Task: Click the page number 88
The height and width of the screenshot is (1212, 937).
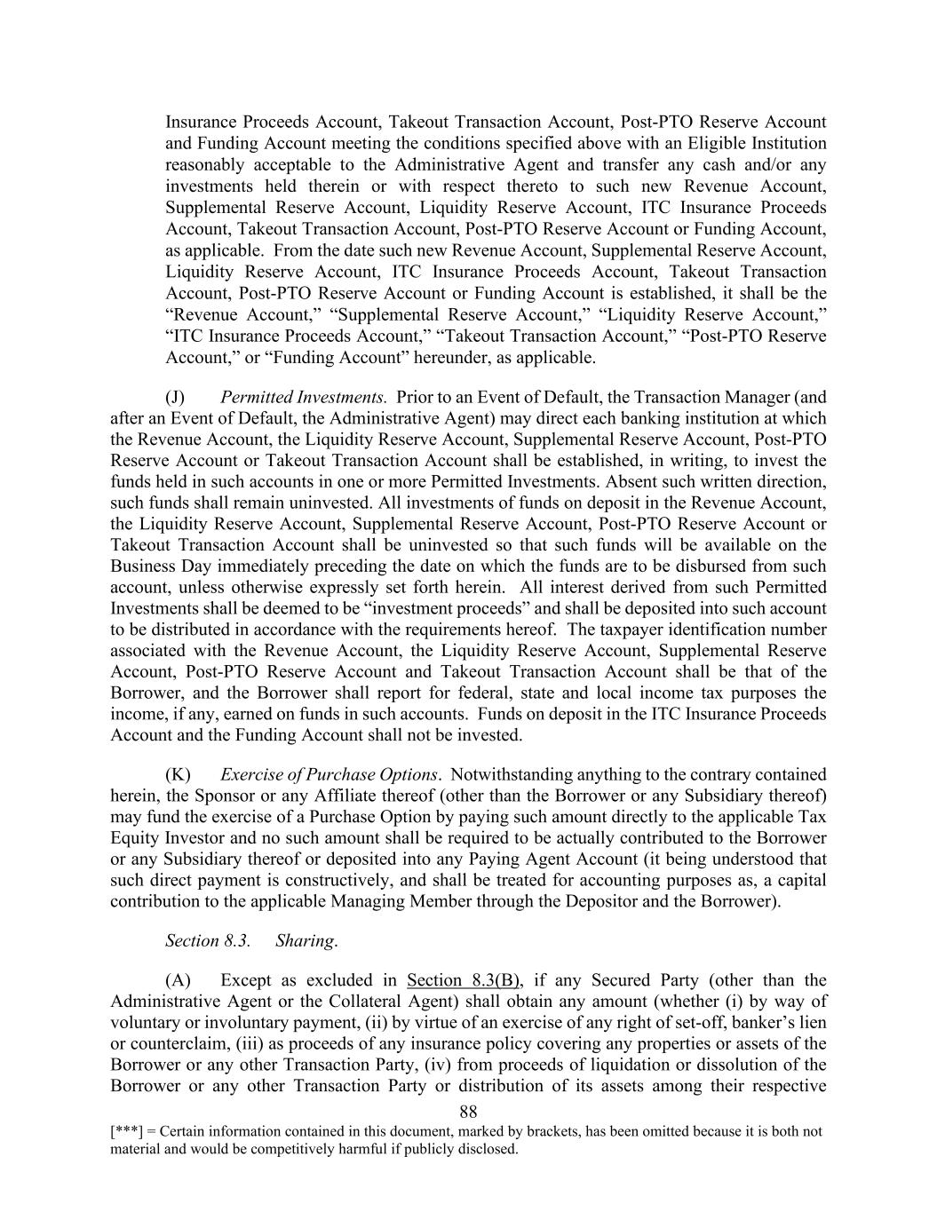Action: pos(469,1112)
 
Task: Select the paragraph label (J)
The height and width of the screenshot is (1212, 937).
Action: pos(175,397)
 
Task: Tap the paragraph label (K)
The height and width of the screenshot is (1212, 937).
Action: pos(178,774)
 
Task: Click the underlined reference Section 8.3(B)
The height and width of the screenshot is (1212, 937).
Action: pos(464,980)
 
